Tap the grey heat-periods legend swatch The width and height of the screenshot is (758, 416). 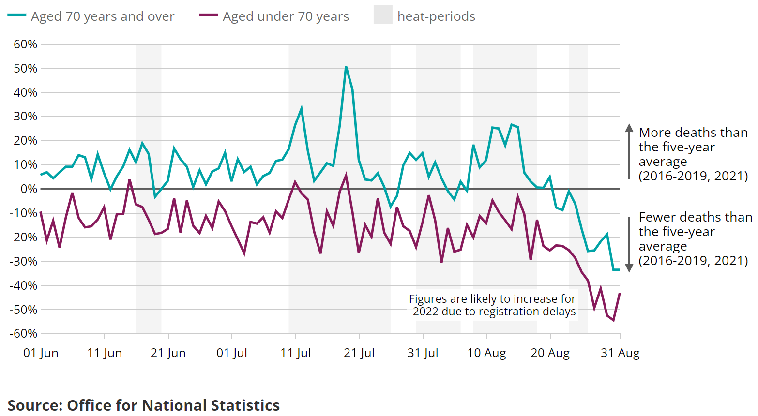[x=382, y=15]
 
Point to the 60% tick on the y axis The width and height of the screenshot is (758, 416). [x=25, y=45]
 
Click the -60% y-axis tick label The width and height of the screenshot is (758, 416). [x=23, y=334]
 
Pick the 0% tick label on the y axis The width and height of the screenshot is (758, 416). [x=29, y=189]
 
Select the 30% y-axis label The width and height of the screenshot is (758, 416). [x=25, y=117]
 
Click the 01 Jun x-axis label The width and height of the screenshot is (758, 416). [x=41, y=353]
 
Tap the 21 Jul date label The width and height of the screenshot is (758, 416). [x=359, y=353]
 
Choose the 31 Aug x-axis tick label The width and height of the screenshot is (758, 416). [x=620, y=353]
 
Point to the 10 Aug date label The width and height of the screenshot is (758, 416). [x=486, y=353]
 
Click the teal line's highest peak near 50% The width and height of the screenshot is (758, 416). [x=346, y=67]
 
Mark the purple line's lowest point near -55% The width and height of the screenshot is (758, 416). [x=613, y=320]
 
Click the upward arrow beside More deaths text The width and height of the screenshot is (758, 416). [x=629, y=128]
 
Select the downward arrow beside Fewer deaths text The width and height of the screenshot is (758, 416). [x=629, y=267]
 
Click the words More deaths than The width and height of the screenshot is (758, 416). [x=693, y=133]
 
